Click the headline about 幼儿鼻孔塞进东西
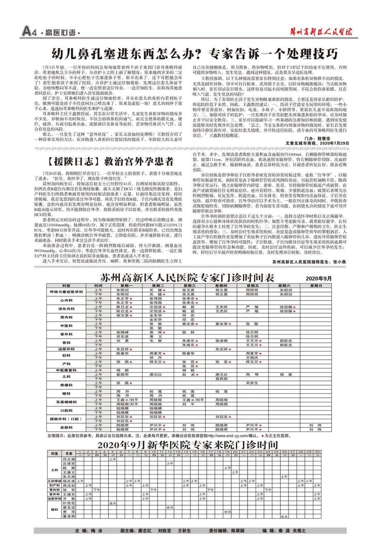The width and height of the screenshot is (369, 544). [195, 54]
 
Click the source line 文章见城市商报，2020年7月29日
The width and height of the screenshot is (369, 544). [317, 143]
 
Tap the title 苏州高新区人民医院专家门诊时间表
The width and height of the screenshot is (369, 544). [187, 278]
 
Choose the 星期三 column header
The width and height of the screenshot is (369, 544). [189, 286]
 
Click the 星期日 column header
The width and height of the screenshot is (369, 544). [316, 286]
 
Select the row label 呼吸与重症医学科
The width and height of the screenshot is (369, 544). [66, 292]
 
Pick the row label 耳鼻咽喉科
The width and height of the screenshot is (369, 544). [66, 402]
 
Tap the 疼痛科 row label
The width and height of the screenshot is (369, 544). [66, 385]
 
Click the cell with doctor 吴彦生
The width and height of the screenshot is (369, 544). [252, 383]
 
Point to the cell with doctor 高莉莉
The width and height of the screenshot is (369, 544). [221, 379]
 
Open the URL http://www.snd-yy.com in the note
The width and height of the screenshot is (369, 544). [227, 436]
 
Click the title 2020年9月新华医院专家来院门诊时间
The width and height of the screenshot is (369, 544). [187, 445]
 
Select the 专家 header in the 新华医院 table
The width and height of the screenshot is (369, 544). [69, 454]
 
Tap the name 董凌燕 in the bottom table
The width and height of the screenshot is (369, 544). [69, 516]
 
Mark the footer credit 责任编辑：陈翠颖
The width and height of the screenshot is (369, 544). [227, 531]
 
